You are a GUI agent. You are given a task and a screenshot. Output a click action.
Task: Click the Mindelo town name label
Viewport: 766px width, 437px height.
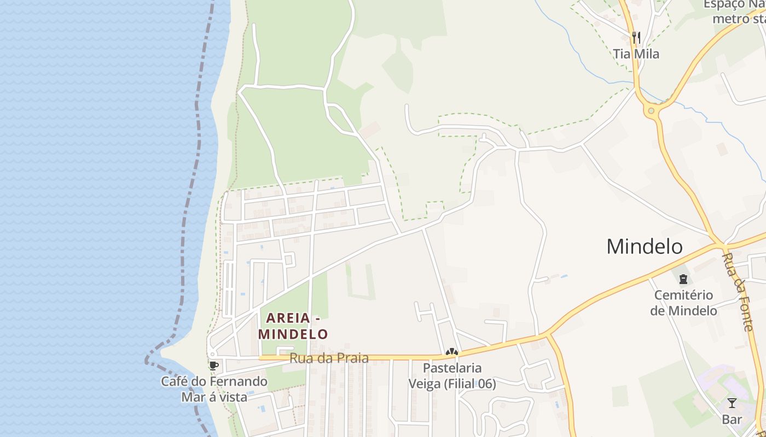(644, 246)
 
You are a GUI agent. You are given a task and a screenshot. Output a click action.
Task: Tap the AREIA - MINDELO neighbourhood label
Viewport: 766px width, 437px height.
(293, 326)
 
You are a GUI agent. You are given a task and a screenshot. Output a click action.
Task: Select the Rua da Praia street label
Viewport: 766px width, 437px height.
(329, 358)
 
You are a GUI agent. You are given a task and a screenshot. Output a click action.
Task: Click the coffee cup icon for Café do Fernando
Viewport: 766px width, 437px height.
(213, 365)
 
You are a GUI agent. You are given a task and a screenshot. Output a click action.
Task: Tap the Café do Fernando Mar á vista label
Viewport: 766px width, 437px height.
(214, 389)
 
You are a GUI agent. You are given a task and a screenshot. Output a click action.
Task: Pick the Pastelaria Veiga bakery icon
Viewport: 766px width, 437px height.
(452, 353)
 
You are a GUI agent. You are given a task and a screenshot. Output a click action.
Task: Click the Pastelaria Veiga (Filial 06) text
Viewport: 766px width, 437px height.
(452, 376)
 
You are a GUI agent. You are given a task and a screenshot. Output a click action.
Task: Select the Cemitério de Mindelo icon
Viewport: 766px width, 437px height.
(683, 280)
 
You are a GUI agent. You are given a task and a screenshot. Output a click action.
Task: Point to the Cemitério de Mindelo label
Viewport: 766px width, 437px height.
(683, 303)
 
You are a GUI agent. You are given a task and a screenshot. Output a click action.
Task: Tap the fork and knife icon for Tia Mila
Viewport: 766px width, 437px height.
(636, 37)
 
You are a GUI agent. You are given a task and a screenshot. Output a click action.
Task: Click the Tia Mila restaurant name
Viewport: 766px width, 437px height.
(636, 54)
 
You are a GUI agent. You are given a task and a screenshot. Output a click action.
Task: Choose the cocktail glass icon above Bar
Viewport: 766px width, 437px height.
(732, 403)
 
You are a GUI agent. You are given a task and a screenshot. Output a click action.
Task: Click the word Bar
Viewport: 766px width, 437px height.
(732, 420)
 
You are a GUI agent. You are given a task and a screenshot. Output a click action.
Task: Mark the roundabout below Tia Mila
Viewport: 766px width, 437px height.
(651, 111)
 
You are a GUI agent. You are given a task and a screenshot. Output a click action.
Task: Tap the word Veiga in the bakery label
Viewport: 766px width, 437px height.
(425, 384)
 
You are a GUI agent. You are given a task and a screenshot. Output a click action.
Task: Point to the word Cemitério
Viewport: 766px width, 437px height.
(683, 296)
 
